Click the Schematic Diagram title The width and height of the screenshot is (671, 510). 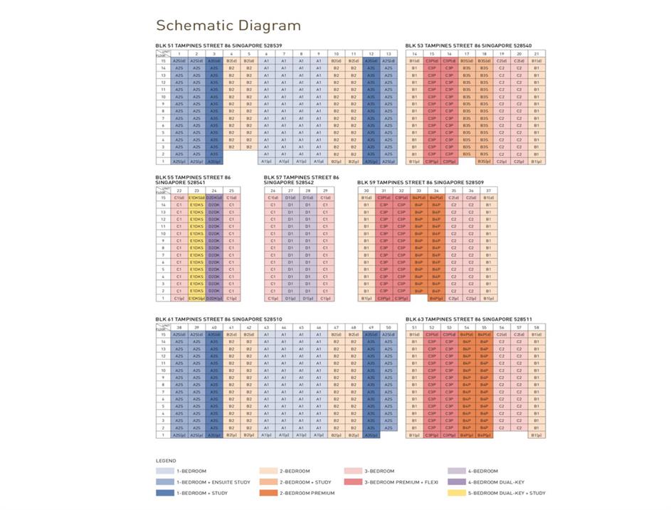point(228,26)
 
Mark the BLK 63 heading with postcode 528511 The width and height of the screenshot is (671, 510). point(459,319)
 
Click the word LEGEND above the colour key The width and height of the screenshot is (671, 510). point(166,460)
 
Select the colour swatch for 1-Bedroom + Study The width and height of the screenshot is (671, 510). point(166,492)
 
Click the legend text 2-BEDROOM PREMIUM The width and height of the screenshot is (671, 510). point(312,492)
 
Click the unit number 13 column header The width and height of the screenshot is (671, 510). point(388,53)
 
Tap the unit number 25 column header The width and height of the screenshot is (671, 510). point(231,190)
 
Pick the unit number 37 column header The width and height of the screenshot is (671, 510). point(488,190)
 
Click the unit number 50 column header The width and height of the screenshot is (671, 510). point(388,327)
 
